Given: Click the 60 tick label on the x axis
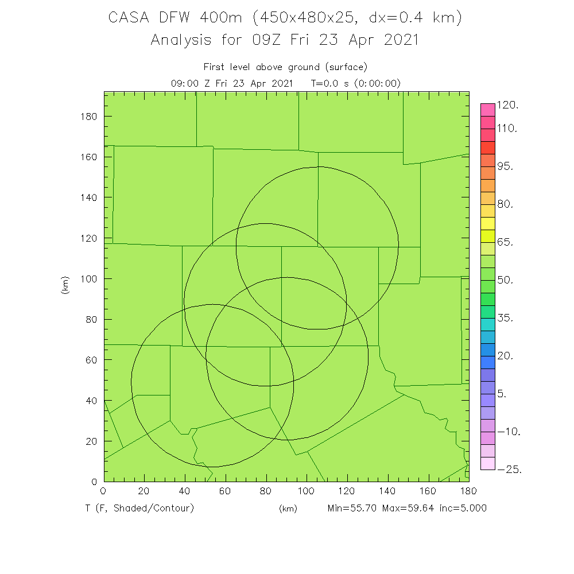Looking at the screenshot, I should (x=225, y=491).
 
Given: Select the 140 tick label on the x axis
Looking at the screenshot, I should (x=387, y=491).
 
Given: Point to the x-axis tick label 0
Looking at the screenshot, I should (x=103, y=491).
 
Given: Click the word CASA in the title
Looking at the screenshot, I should (x=130, y=18).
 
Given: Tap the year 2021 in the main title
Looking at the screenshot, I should (x=397, y=40).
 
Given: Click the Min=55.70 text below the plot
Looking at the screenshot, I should (x=351, y=508).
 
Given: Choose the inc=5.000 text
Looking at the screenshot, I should (x=463, y=508).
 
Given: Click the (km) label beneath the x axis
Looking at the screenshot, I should (x=288, y=509).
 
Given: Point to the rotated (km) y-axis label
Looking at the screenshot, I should (x=65, y=285).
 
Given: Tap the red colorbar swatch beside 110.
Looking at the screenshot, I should (x=487, y=135).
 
